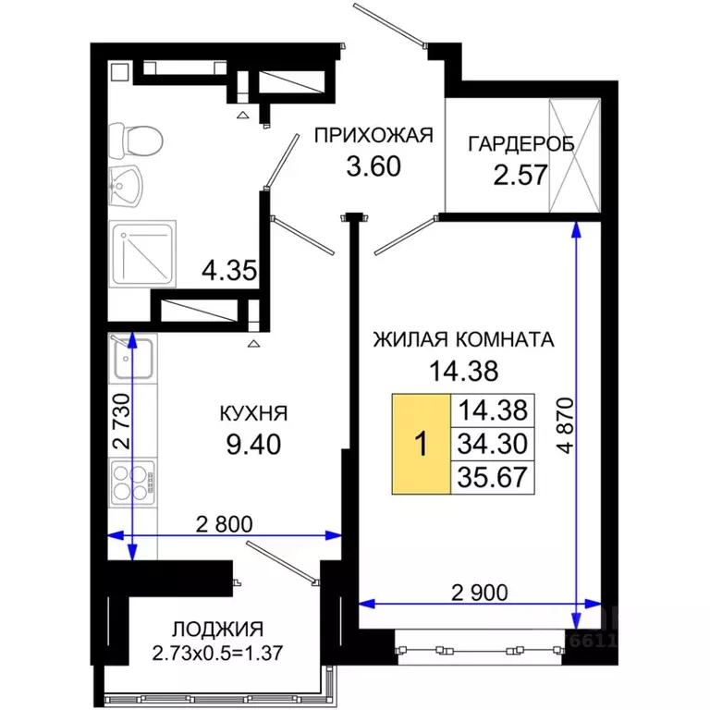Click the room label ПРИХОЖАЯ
[x=373, y=137]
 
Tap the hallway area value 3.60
[x=373, y=169]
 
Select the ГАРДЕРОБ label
[x=520, y=143]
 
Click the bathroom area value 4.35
[x=227, y=272]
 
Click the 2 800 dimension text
[x=224, y=523]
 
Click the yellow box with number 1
[x=421, y=444]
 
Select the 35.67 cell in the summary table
[x=491, y=477]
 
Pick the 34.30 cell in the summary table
[x=491, y=444]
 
